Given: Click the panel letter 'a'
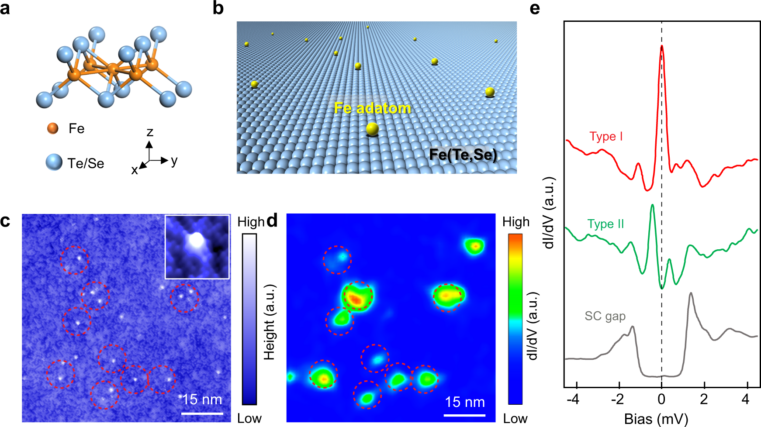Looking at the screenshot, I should click(x=5, y=9).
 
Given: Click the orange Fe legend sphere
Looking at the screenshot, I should click(x=53, y=128).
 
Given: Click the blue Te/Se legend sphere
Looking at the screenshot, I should click(x=54, y=162).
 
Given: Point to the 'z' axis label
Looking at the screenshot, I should click(x=150, y=132).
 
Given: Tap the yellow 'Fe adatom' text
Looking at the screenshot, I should click(x=372, y=108).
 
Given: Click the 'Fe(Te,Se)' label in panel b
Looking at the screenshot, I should click(x=463, y=155).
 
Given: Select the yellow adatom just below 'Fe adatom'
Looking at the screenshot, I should click(x=372, y=129).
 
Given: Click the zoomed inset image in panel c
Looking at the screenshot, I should click(x=197, y=247).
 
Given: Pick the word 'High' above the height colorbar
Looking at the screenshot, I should click(x=251, y=222).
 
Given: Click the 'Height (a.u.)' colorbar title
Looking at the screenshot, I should click(x=270, y=322).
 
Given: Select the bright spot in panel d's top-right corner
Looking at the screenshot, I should click(x=474, y=247).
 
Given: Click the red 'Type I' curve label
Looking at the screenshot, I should click(x=606, y=136).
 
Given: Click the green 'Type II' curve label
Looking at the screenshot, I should click(x=605, y=224).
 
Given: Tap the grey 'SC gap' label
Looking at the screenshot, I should click(x=605, y=316).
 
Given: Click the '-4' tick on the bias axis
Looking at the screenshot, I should click(x=575, y=399).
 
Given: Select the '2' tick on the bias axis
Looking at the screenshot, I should click(x=704, y=399).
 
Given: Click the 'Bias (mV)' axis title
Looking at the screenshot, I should click(x=656, y=419).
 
